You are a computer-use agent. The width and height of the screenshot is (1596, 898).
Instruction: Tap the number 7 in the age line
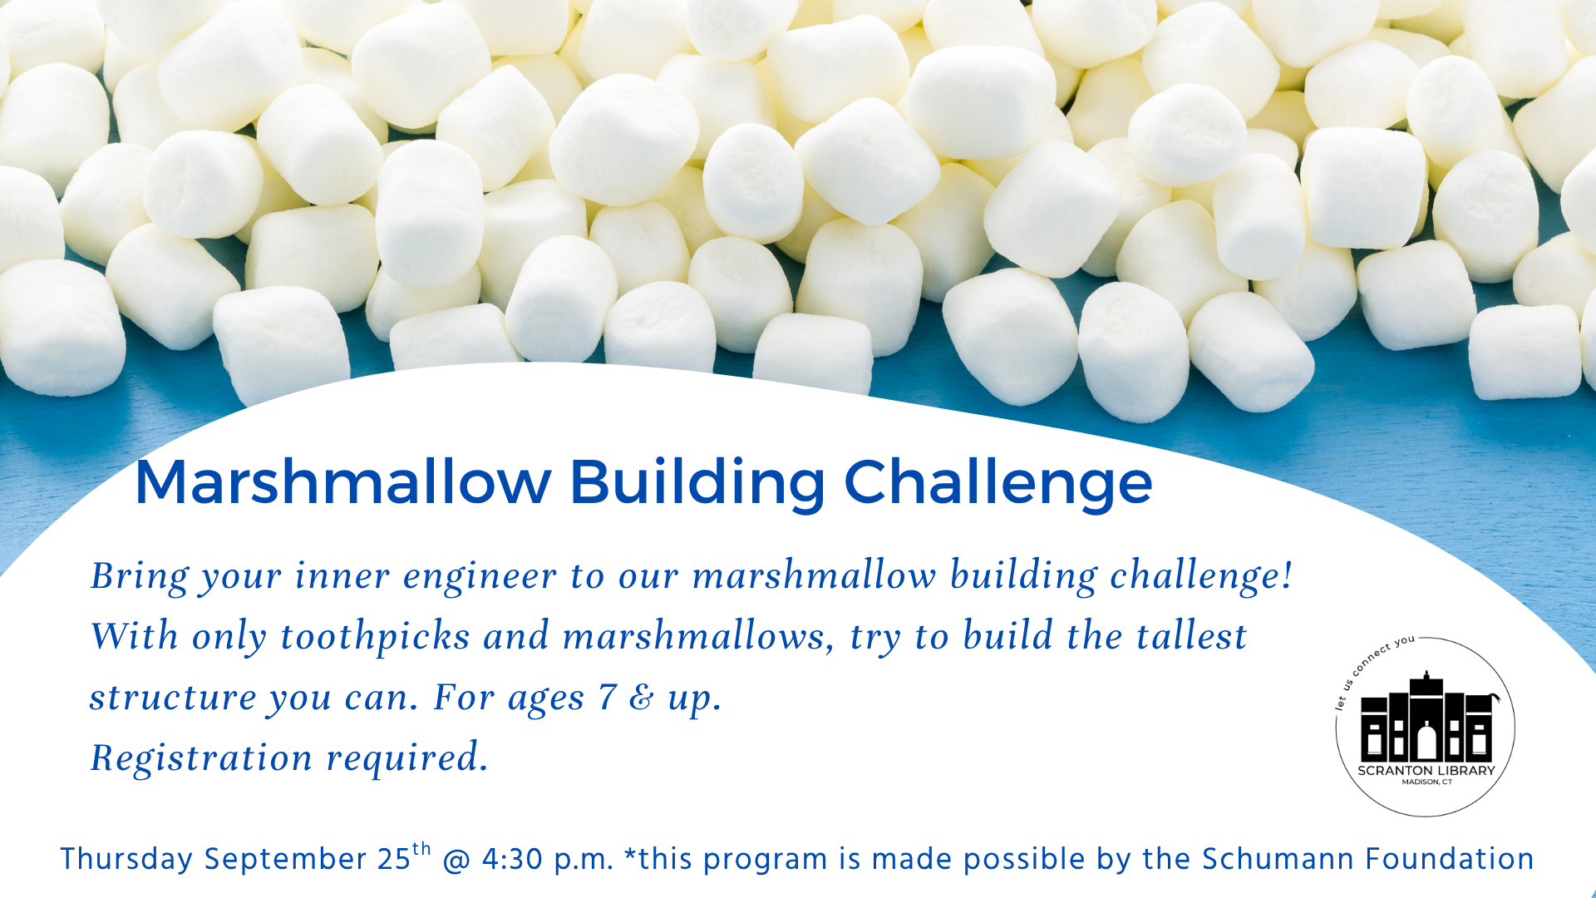click(608, 697)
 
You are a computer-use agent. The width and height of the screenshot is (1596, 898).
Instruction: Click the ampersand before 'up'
click(642, 698)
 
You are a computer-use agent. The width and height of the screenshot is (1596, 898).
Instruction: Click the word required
click(407, 758)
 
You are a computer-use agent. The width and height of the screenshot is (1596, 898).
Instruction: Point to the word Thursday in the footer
click(126, 860)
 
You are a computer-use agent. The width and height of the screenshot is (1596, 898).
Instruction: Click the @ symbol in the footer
click(456, 861)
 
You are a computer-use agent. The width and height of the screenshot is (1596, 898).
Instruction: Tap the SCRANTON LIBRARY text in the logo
click(1426, 771)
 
